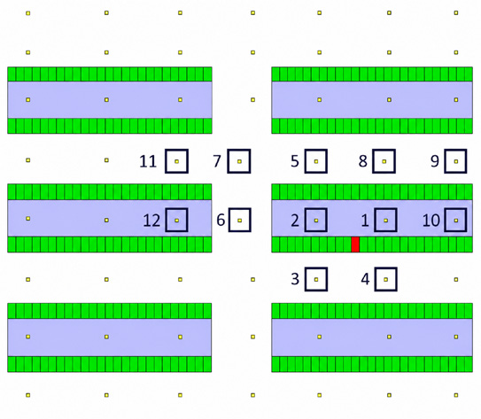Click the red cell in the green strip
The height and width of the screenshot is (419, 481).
(x=355, y=244)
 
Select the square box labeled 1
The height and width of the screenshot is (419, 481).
(x=376, y=220)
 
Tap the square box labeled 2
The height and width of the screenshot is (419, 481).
(x=306, y=220)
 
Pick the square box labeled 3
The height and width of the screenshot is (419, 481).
(x=306, y=279)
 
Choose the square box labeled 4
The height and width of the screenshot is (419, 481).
(x=376, y=279)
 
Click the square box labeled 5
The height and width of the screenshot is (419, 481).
(x=306, y=161)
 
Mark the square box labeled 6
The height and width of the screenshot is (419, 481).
(x=229, y=220)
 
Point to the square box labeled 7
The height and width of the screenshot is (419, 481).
(x=229, y=161)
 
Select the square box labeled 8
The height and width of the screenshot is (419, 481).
(x=373, y=161)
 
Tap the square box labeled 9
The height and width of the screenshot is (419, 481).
(x=446, y=161)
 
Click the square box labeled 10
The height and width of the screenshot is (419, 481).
(x=446, y=220)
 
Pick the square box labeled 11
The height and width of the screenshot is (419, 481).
(x=167, y=161)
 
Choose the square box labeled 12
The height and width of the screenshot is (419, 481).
(x=167, y=220)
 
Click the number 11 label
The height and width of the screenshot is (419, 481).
(x=148, y=161)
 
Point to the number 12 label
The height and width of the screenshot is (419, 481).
(x=151, y=221)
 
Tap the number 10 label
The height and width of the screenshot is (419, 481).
(x=431, y=221)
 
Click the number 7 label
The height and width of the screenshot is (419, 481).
(x=217, y=161)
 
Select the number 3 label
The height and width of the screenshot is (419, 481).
(x=295, y=279)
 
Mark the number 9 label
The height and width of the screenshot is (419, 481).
(x=435, y=161)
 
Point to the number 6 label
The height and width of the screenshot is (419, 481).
(x=221, y=220)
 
